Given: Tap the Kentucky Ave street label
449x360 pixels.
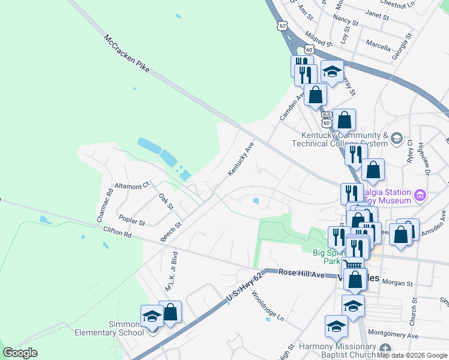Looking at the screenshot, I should (x=241, y=159).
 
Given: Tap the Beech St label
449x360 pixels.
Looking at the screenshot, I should (x=170, y=232).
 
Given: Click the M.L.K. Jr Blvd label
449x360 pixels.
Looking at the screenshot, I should (x=172, y=271).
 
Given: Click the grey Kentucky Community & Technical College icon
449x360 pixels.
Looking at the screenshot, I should (x=396, y=139).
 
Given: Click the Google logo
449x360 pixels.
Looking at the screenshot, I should (x=20, y=353).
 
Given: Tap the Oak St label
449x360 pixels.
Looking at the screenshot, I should (x=166, y=201).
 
